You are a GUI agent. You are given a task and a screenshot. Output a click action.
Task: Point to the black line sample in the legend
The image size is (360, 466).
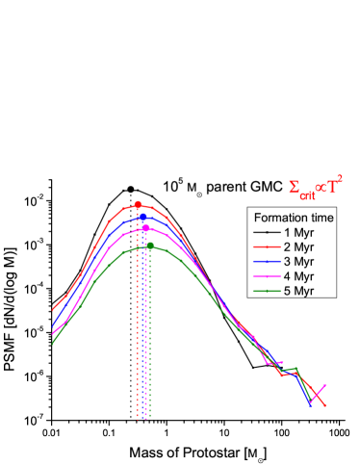click(x=266, y=232)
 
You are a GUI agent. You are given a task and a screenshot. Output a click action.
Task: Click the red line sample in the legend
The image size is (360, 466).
click(x=266, y=246)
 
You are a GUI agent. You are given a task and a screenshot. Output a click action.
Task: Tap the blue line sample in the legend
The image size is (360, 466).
click(x=266, y=261)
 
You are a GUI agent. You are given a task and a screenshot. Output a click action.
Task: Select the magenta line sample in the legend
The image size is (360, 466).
click(x=266, y=275)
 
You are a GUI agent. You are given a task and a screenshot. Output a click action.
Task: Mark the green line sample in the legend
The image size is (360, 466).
click(x=266, y=290)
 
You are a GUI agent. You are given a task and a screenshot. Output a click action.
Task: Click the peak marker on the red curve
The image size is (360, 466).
click(x=138, y=204)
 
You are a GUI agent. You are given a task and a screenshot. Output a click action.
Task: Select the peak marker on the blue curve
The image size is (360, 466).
click(x=142, y=217)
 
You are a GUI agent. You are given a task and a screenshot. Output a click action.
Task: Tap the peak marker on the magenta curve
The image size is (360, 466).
click(x=145, y=229)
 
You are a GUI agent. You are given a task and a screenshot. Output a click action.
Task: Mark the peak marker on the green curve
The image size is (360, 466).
click(x=150, y=246)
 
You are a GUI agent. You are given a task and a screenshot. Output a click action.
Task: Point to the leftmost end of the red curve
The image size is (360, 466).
click(x=53, y=310)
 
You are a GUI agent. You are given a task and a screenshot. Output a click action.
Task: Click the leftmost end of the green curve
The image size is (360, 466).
click(x=52, y=343)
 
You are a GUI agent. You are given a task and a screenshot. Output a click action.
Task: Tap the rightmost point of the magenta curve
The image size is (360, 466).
click(x=325, y=385)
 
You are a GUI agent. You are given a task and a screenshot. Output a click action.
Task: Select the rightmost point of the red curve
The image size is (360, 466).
click(x=326, y=406)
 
